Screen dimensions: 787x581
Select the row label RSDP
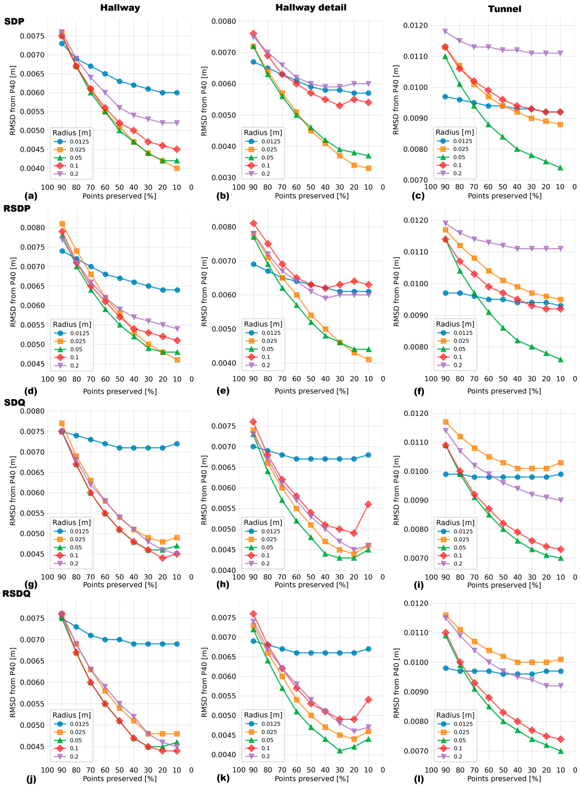[17, 208]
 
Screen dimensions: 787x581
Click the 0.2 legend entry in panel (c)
[457, 173]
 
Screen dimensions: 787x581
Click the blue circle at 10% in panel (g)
[177, 444]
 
